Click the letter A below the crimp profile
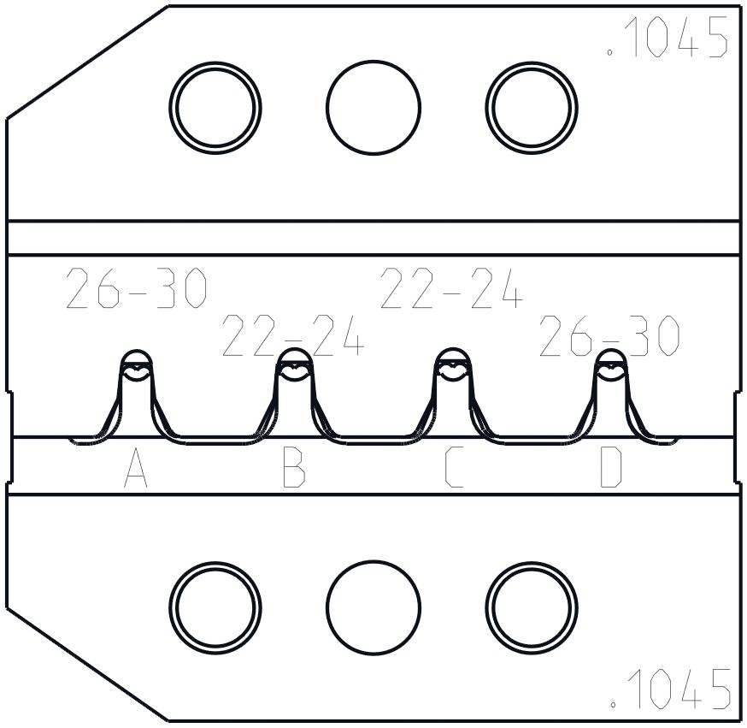click(x=136, y=467)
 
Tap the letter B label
click(x=294, y=467)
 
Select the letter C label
click(x=453, y=467)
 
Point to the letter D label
click(x=611, y=467)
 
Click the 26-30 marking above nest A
click(x=136, y=288)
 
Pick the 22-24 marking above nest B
click(x=293, y=335)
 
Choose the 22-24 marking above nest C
click(x=451, y=288)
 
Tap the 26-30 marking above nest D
click(x=609, y=335)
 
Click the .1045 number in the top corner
click(x=668, y=37)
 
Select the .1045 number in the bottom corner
click(x=670, y=689)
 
